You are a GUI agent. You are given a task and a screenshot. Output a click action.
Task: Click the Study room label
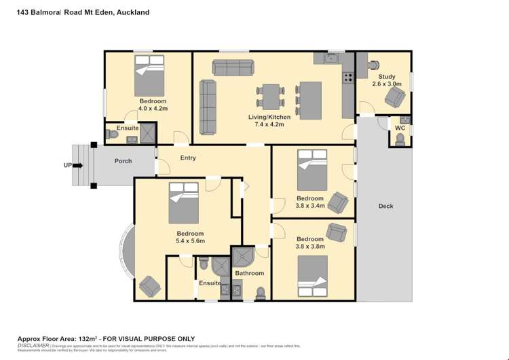(387, 77)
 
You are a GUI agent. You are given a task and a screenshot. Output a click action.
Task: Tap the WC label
(400, 127)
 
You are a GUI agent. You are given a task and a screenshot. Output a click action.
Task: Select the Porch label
(123, 161)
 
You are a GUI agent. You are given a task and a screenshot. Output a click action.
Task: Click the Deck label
(385, 206)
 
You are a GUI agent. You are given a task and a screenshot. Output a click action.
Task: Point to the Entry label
(188, 158)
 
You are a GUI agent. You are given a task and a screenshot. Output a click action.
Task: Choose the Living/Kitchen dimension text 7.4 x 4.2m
(269, 126)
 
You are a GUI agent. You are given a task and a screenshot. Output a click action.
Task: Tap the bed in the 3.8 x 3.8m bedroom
(312, 276)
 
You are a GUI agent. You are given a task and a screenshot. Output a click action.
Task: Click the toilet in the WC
(400, 139)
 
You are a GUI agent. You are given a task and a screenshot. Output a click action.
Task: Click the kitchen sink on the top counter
(331, 59)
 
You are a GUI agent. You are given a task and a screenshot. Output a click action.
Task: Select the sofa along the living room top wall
(233, 67)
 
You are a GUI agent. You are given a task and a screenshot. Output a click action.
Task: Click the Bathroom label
(249, 273)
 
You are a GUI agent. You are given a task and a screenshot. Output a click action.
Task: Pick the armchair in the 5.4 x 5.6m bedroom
(149, 287)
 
